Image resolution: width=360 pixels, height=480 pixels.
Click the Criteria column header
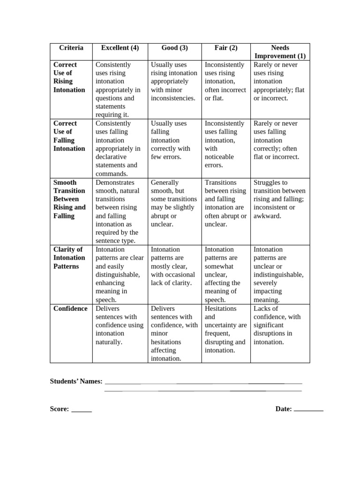(x=71, y=48)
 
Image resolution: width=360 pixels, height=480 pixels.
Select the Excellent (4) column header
(x=120, y=48)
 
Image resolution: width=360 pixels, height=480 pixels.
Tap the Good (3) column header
(x=174, y=48)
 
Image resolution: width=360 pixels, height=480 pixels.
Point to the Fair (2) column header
(x=226, y=48)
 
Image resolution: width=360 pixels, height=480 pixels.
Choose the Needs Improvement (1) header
(x=280, y=52)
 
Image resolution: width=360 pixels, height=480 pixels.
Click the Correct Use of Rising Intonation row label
(x=69, y=77)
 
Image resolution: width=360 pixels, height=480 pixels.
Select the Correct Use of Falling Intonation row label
(x=69, y=136)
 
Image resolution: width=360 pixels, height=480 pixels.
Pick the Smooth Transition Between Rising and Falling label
(x=69, y=199)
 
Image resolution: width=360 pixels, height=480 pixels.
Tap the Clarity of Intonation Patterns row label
(x=69, y=258)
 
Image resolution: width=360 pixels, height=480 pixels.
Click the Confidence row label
(x=70, y=308)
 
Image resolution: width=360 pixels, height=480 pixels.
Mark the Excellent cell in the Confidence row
(x=120, y=325)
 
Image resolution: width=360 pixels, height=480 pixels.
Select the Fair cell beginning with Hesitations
(x=225, y=329)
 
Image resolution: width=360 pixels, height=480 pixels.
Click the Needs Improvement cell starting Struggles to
(x=279, y=199)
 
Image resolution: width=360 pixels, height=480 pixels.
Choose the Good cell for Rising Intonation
(x=174, y=82)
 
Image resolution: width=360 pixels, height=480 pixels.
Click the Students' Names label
(x=76, y=382)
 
